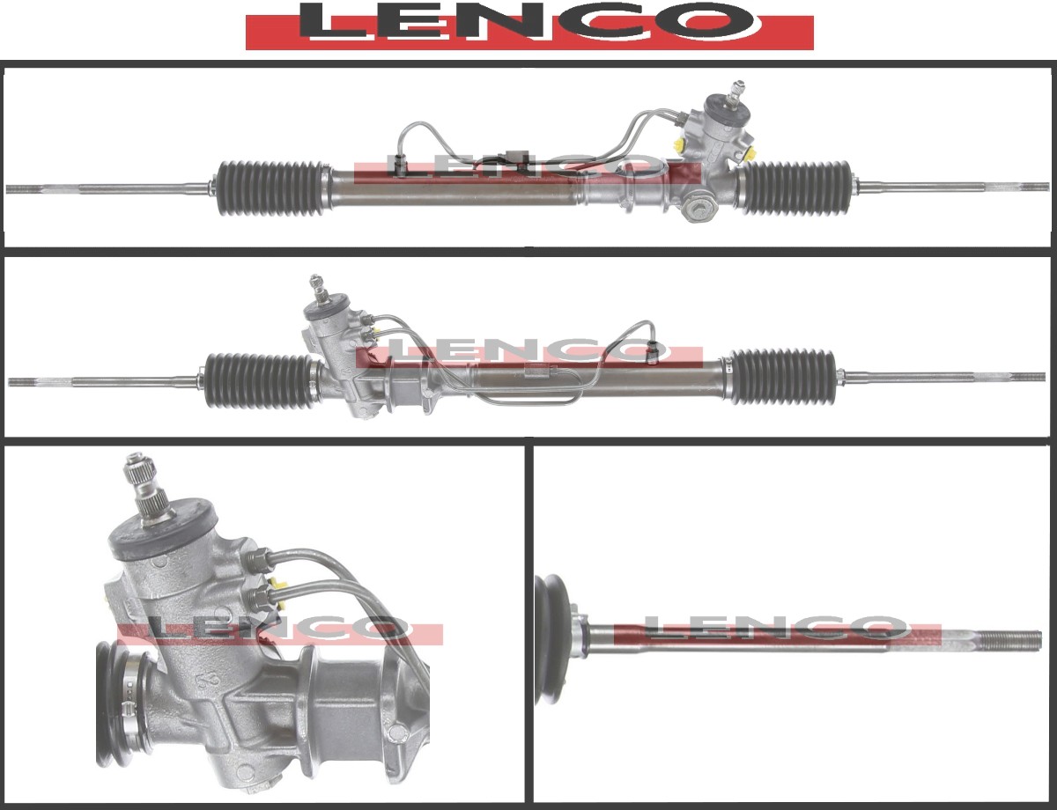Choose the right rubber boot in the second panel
[x=782, y=377]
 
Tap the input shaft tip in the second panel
[x=316, y=284]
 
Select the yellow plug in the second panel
[x=375, y=333]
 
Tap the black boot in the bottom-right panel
[x=553, y=638]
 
